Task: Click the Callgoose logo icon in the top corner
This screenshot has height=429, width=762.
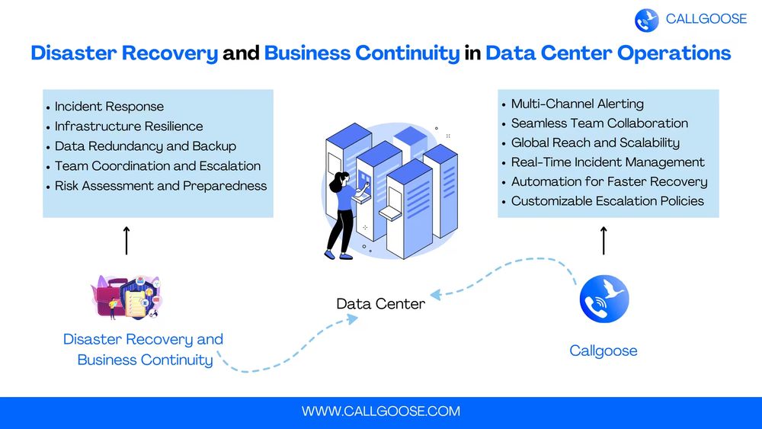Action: pyautogui.click(x=646, y=20)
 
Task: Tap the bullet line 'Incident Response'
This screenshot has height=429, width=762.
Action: pyautogui.click(x=109, y=107)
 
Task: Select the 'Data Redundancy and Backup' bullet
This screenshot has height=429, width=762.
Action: pyautogui.click(x=146, y=146)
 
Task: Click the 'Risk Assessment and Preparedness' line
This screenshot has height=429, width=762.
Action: pyautogui.click(x=161, y=186)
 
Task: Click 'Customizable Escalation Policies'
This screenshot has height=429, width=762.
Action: pyautogui.click(x=607, y=201)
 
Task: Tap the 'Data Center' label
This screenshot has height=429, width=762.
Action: pyautogui.click(x=380, y=304)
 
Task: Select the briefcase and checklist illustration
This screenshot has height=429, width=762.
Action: pyautogui.click(x=127, y=297)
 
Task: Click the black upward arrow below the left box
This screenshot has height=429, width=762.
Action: pyautogui.click(x=126, y=240)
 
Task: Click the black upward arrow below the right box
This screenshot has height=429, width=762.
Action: pyautogui.click(x=604, y=240)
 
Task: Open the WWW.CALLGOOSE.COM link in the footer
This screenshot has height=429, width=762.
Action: pyautogui.click(x=381, y=411)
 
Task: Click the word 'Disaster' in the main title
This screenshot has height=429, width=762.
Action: pyautogui.click(x=70, y=54)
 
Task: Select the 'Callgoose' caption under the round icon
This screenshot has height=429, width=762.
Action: pyautogui.click(x=604, y=351)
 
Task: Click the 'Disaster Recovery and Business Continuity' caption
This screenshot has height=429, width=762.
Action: pyautogui.click(x=144, y=350)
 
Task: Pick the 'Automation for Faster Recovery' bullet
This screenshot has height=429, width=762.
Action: pyautogui.click(x=609, y=181)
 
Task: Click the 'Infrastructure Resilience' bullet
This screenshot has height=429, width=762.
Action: pyautogui.click(x=129, y=126)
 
